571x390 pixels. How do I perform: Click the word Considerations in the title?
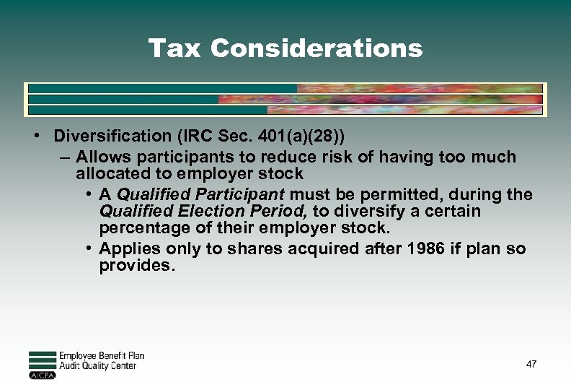317,48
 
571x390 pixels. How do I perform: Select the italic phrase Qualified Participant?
201,194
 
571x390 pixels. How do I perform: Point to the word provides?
137,266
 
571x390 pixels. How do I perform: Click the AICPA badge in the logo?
43,376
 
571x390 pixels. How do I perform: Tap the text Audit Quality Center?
97,366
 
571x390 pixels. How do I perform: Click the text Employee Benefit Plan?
102,355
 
